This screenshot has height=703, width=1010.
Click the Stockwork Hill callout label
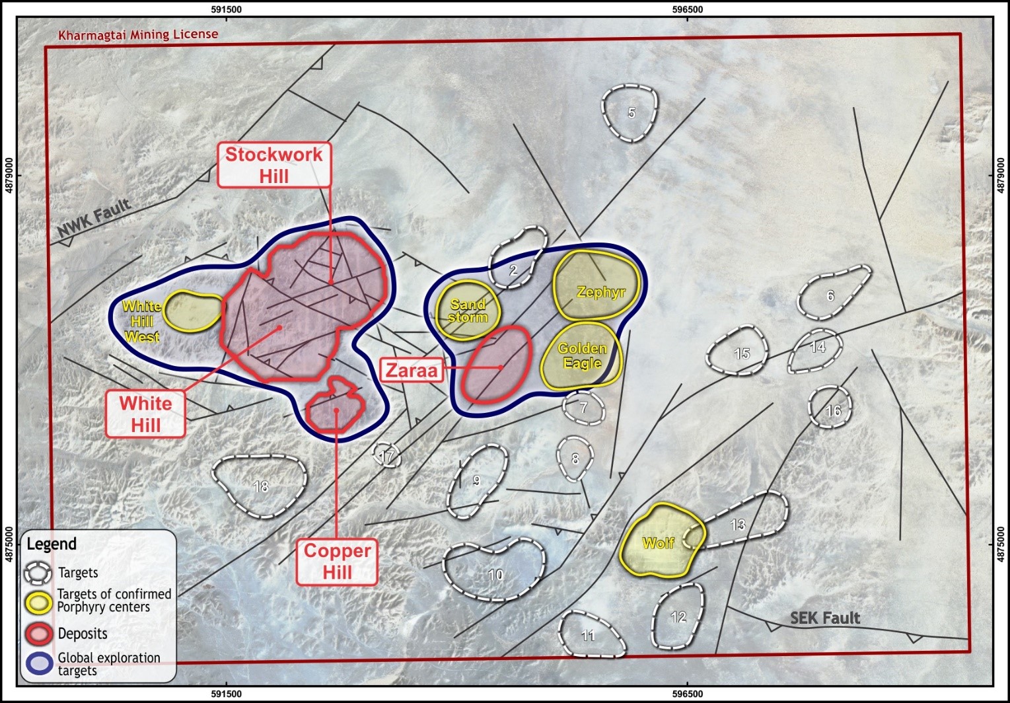click(274, 165)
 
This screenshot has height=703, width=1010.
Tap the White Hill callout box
click(145, 414)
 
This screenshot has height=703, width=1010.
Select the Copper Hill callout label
click(337, 562)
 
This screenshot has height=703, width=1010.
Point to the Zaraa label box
click(412, 370)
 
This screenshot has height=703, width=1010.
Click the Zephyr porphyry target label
click(600, 291)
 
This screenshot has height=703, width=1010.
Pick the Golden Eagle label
click(582, 355)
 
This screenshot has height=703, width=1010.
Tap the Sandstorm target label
click(468, 311)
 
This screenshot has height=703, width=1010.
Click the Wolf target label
click(658, 543)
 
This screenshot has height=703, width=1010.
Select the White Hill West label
click(142, 322)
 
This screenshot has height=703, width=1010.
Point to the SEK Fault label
click(825, 618)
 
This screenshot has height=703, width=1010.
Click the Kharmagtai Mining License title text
click(138, 34)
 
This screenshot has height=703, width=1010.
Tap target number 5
click(631, 113)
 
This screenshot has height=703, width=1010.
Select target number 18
click(261, 487)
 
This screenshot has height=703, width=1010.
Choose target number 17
click(388, 455)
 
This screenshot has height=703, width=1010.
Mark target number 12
click(678, 617)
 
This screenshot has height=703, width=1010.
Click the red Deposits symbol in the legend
click(38, 634)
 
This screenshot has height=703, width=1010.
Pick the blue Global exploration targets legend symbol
click(38, 663)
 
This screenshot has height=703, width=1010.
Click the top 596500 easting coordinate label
click(687, 9)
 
